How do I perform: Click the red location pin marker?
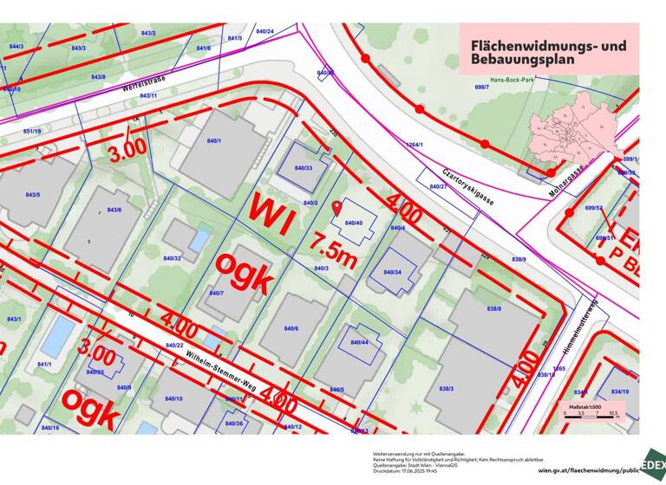click(336, 208)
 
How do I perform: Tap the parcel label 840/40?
click(354, 223)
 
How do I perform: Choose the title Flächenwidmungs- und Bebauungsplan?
click(546, 53)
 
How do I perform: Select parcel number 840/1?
click(213, 140)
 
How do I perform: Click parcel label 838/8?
click(494, 308)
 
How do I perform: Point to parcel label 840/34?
click(392, 272)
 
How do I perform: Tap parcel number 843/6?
click(114, 210)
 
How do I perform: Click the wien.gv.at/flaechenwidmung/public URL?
click(588, 470)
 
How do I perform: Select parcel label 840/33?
click(303, 167)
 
